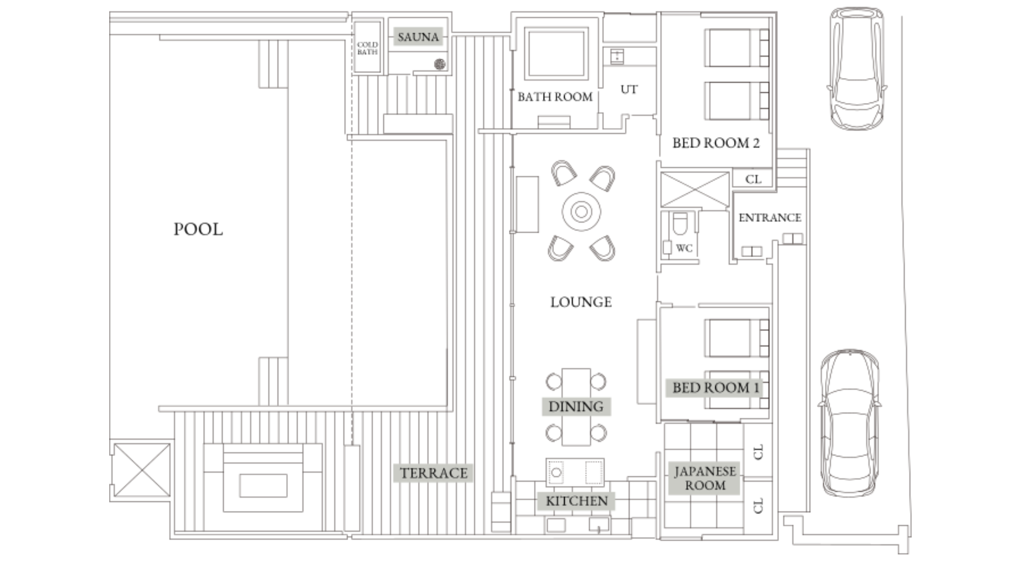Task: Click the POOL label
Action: pos(198,229)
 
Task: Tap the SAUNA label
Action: pos(418,37)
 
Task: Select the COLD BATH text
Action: pos(367,48)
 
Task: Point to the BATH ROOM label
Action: pos(555,97)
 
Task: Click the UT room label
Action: pos(629,89)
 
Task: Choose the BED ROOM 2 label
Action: pos(716,143)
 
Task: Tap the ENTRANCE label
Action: pos(769,217)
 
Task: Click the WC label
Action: pos(684,248)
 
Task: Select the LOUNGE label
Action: pos(581,302)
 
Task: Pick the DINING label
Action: pos(576,406)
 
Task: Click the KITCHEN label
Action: pos(577,501)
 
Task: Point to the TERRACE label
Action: pos(433,473)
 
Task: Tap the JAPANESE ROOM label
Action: pos(705,478)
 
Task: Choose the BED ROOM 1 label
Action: pos(715,388)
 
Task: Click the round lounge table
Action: pos(581,211)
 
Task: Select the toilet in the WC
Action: pos(680,223)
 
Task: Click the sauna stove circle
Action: pos(440,64)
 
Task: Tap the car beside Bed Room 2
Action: pos(857,68)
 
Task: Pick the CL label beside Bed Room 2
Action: pos(753,179)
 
